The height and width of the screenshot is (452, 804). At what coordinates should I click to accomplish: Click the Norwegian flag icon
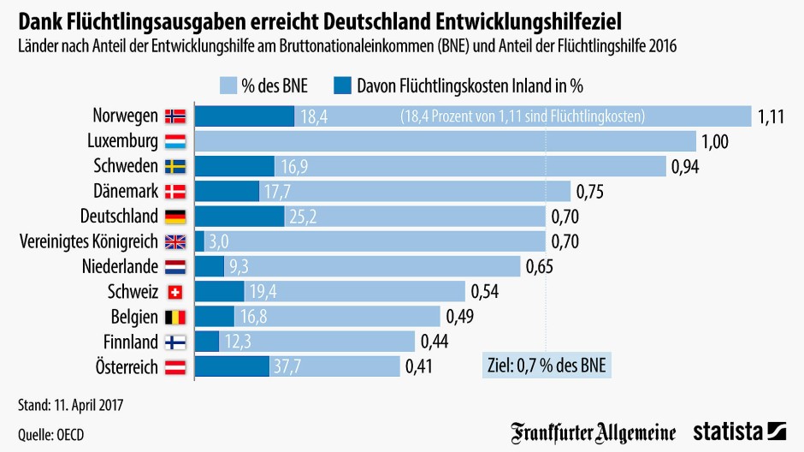174,116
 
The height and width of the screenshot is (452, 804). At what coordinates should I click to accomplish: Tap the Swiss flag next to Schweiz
174,292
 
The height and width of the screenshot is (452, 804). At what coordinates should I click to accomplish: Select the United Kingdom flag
174,241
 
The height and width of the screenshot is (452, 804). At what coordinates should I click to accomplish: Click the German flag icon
174,217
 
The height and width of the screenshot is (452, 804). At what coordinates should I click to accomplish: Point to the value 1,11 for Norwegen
771,116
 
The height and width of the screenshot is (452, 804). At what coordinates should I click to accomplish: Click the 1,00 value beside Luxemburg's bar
714,141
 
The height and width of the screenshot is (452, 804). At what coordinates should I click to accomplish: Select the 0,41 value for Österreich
420,367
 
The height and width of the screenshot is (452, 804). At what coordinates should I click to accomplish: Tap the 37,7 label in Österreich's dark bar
287,367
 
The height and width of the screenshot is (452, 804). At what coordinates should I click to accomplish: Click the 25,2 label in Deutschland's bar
302,217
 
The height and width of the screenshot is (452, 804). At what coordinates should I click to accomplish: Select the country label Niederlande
120,266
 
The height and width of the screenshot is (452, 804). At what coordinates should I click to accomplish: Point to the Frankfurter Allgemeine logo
594,431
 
